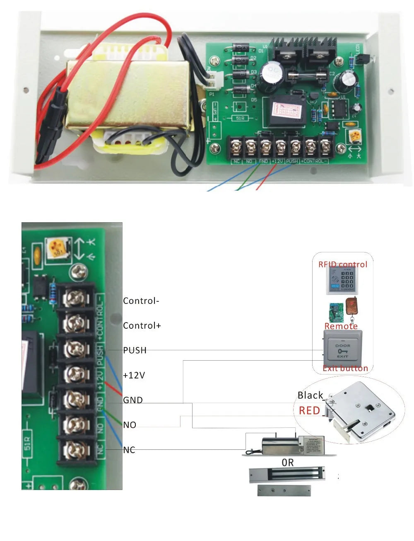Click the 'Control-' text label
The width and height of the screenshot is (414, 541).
pos(141,301)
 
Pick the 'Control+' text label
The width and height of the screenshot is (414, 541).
pos(142,326)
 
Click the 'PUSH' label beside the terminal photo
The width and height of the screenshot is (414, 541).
pos(135,350)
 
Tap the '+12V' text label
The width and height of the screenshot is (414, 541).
pos(134,375)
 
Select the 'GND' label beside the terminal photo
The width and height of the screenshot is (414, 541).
pos(132,400)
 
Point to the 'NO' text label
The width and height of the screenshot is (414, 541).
pos(130,425)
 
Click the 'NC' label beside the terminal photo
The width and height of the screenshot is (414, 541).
pos(129,450)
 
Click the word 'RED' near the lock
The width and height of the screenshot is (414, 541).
pos(309,411)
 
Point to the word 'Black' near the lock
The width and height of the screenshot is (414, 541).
pos(310,395)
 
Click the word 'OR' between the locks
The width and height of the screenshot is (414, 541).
pos(288,462)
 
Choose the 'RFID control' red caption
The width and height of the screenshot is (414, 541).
pos(342,264)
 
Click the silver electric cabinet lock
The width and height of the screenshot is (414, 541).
pos(360,410)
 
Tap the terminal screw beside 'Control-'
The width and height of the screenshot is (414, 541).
pos(75,298)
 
